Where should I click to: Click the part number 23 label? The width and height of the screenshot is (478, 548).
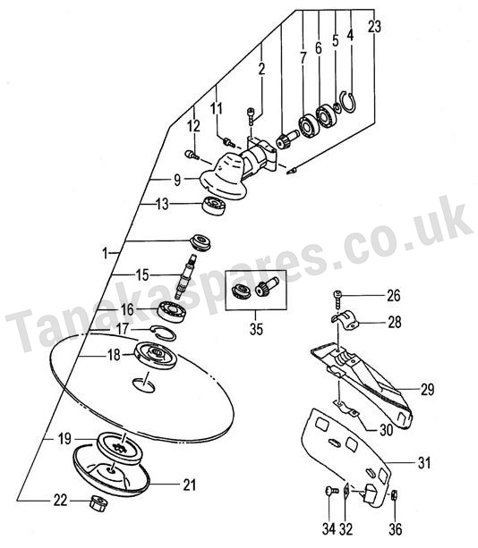[374, 27]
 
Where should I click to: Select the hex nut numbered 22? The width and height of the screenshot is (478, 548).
[98, 503]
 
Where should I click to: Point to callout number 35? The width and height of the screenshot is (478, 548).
[256, 329]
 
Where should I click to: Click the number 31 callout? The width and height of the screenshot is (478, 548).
[424, 463]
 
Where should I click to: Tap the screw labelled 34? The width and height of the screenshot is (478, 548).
[332, 491]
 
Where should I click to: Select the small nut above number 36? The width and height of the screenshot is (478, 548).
[393, 495]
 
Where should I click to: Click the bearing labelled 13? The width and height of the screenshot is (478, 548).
[214, 206]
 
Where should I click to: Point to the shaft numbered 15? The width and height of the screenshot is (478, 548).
[187, 276]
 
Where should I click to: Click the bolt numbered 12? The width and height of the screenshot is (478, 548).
[192, 154]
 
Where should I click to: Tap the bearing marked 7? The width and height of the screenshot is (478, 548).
[309, 125]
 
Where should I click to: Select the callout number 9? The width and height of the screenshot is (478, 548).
[177, 180]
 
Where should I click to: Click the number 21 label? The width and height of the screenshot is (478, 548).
[189, 485]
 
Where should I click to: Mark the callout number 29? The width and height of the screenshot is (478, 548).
[427, 389]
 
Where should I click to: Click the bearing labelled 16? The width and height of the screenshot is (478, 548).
[172, 311]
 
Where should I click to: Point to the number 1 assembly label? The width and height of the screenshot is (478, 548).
[105, 253]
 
